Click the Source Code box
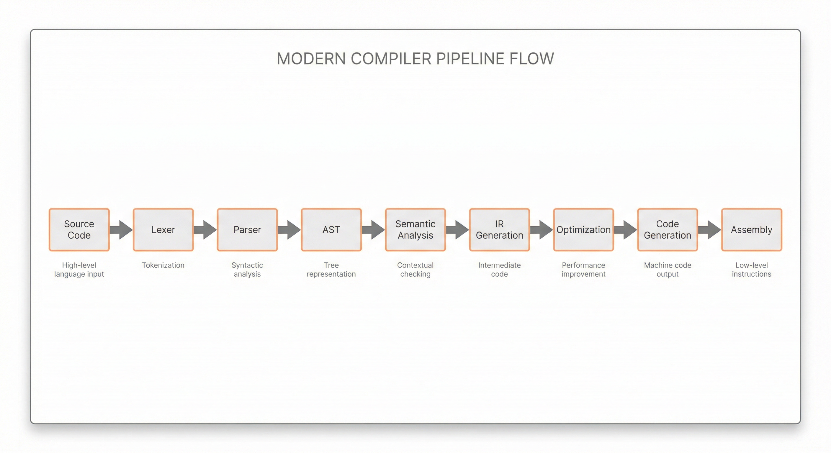click(79, 229)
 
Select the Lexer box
click(163, 229)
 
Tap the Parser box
click(247, 229)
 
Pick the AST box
click(331, 229)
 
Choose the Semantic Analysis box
click(415, 229)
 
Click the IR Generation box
click(499, 229)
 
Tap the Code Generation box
click(668, 229)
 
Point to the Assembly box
click(752, 229)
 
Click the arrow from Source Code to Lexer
click(121, 230)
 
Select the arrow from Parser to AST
click(289, 230)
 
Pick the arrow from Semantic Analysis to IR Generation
click(457, 230)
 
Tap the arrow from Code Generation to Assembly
click(709, 230)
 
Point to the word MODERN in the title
click(311, 59)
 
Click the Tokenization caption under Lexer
click(163, 265)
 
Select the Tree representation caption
click(331, 270)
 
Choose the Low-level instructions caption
click(752, 270)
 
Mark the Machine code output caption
click(668, 270)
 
